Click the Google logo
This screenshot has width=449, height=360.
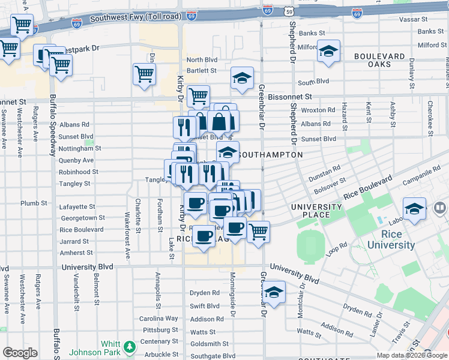click(20, 353)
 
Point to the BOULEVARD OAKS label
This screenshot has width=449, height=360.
click(379, 60)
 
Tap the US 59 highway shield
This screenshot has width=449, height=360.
click(289, 11)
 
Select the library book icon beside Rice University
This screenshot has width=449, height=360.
click(440, 208)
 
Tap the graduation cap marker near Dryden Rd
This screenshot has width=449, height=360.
click(274, 292)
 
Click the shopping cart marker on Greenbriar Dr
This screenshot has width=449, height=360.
click(258, 231)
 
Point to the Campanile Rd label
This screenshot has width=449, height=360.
click(421, 172)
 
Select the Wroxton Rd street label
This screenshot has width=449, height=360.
click(318, 110)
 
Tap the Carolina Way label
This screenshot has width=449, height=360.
click(159, 318)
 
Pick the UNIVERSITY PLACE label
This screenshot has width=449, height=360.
click(316, 211)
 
